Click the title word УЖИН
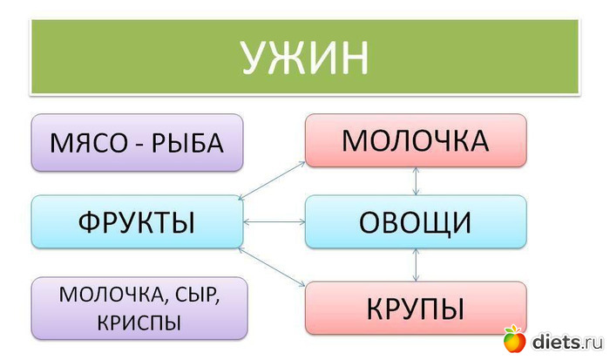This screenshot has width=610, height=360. (x=305, y=58)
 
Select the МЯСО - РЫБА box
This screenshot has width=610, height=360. (x=137, y=142)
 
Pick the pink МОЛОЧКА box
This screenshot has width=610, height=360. (x=416, y=139)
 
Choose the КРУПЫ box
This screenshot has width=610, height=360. (x=416, y=308)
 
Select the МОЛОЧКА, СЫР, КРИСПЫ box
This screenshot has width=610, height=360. (x=137, y=308)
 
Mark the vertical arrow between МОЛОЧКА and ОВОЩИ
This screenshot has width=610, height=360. (x=417, y=180)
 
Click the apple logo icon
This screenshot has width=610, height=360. (x=514, y=337)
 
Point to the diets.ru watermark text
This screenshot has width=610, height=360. (x=566, y=339)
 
